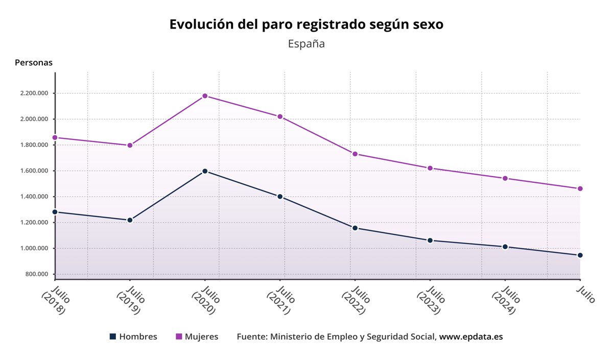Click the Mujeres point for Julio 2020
point(205,96)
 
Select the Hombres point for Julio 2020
point(205,171)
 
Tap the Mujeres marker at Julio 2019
point(130,146)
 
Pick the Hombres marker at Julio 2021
point(280,197)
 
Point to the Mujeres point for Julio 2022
point(355,154)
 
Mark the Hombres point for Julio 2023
point(430,240)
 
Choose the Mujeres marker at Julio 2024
point(505,178)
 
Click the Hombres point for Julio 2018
point(55,212)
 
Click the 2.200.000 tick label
point(32,93)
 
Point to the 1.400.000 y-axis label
point(32,197)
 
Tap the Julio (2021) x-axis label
point(278,301)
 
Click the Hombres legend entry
point(133,337)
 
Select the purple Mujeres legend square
point(179,337)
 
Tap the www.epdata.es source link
point(471,337)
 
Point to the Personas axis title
point(34,63)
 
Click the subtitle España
point(306,43)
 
